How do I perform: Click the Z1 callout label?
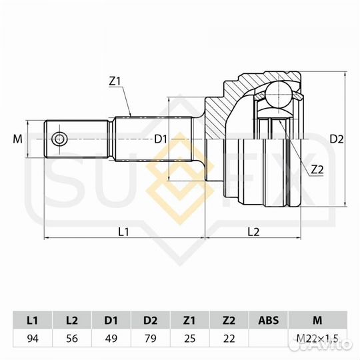[114, 81]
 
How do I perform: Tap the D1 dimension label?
[160, 139]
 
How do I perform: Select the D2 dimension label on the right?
[337, 139]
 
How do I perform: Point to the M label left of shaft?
[17, 139]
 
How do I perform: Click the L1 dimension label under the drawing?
[123, 231]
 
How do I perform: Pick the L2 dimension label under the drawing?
[253, 231]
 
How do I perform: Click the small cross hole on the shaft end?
[60, 139]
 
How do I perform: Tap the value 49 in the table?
[111, 338]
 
